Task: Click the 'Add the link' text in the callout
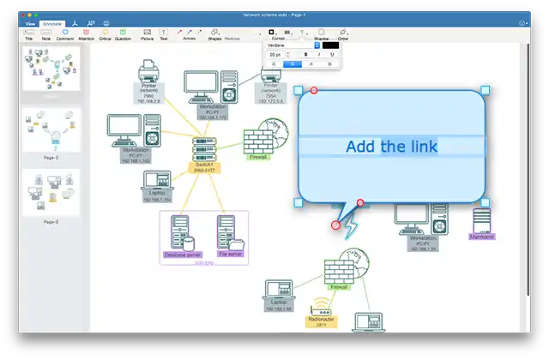pyautogui.click(x=391, y=147)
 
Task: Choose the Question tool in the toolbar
pyautogui.click(x=123, y=34)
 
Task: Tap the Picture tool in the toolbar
pyautogui.click(x=148, y=34)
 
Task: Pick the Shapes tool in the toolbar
pyautogui.click(x=214, y=34)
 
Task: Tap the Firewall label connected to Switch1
pyautogui.click(x=257, y=158)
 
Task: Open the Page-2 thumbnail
pyautogui.click(x=51, y=130)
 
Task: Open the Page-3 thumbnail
pyautogui.click(x=51, y=191)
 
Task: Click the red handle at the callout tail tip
pyautogui.click(x=335, y=225)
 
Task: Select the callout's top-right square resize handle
pyautogui.click(x=485, y=90)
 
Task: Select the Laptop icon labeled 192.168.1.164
pyautogui.click(x=157, y=181)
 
